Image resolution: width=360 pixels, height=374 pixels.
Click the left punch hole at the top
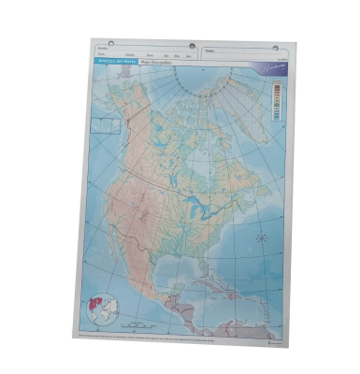(x=111, y=43)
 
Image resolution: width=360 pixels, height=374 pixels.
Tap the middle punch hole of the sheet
(x=193, y=46)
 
